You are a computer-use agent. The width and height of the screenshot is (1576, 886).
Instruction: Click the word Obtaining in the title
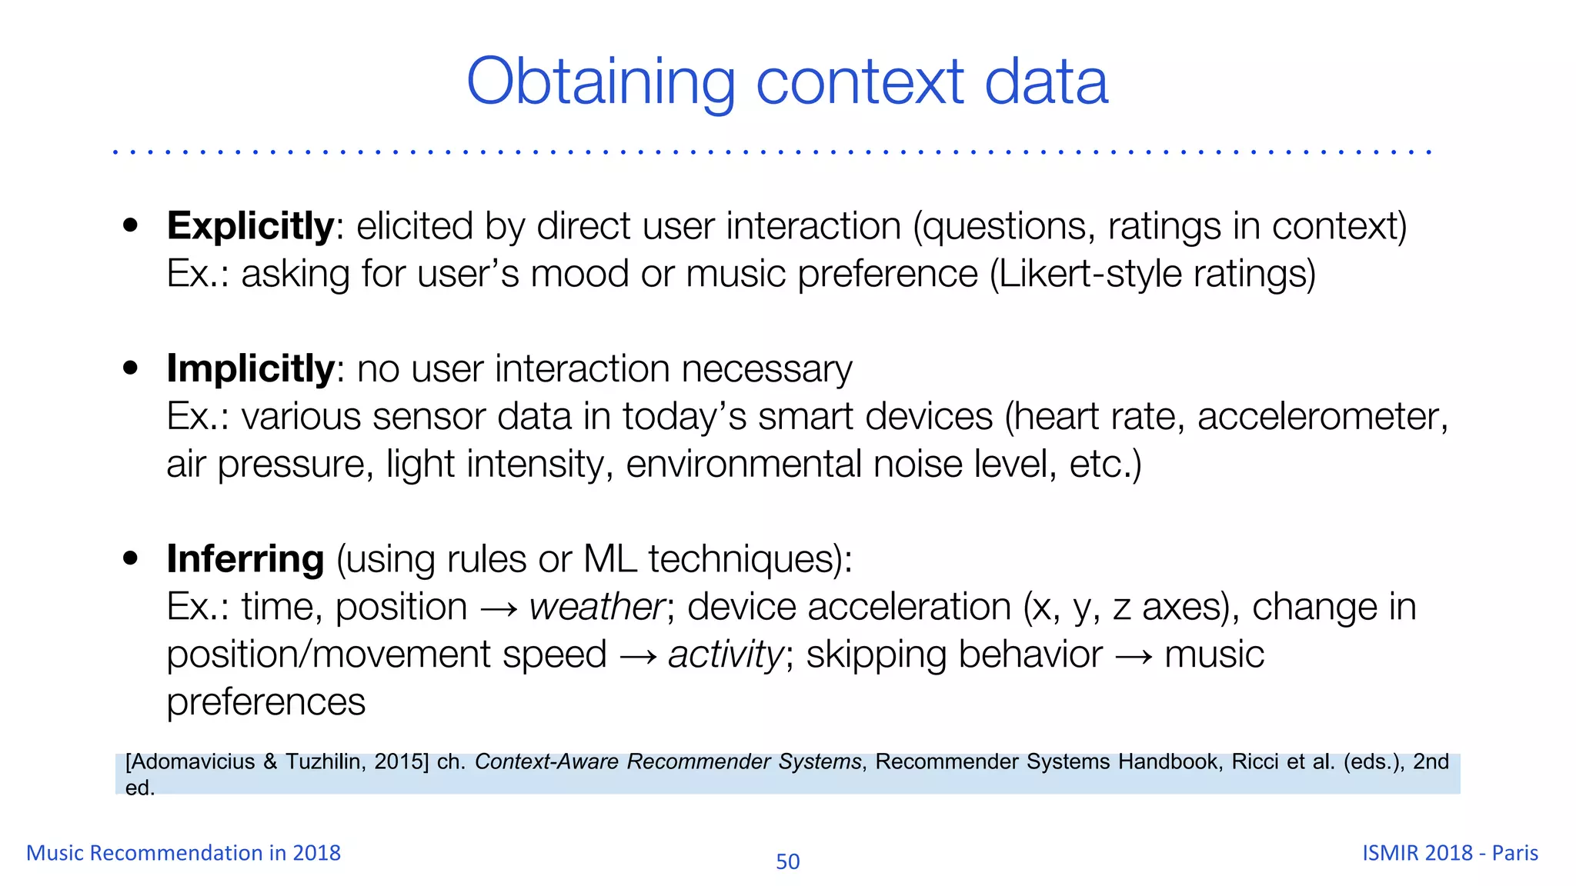[600, 83]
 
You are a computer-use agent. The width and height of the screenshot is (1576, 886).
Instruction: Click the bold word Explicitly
[250, 227]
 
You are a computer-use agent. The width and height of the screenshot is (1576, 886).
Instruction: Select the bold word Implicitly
[250, 369]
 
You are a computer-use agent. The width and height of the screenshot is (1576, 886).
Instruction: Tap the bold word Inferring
[245, 559]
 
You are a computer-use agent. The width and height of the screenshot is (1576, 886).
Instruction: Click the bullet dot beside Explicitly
[131, 225]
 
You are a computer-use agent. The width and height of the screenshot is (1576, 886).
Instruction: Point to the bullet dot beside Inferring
[131, 558]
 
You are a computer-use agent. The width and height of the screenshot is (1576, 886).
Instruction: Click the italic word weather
[597, 608]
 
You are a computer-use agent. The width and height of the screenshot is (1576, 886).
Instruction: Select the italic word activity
[726, 655]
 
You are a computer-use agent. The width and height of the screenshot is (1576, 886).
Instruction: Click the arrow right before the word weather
[498, 609]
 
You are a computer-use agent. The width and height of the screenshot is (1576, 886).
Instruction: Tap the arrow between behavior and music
[1133, 657]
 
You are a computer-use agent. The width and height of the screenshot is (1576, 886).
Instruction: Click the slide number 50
[787, 861]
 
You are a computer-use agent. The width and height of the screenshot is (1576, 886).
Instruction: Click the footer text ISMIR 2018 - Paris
[1450, 853]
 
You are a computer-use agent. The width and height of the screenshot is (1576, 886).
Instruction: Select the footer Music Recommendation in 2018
[183, 853]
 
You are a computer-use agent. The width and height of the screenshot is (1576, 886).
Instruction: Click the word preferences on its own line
[265, 702]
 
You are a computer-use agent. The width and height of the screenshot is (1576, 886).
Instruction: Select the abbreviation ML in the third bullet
[610, 559]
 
